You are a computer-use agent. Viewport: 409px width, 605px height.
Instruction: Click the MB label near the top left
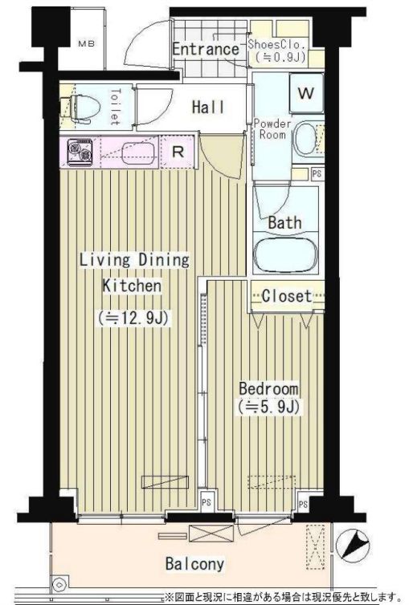click(x=86, y=43)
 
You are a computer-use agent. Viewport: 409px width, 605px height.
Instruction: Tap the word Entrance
click(x=206, y=50)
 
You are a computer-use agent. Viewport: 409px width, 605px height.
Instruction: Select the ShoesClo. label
click(x=276, y=44)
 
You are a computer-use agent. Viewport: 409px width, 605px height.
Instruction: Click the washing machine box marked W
click(x=306, y=93)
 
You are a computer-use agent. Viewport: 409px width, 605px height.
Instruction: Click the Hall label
click(x=208, y=108)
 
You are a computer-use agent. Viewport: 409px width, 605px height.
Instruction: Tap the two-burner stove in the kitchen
click(x=80, y=152)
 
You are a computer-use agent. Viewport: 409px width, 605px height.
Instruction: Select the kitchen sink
click(x=138, y=153)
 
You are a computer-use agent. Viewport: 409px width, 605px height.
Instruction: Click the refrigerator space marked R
click(x=178, y=152)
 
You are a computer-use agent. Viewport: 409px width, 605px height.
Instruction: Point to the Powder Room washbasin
click(x=305, y=138)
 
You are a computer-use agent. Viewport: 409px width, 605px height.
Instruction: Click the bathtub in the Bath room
click(x=285, y=255)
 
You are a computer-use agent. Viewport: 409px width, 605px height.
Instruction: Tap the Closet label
click(x=286, y=296)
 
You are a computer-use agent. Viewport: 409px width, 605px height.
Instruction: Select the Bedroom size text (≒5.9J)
click(x=269, y=407)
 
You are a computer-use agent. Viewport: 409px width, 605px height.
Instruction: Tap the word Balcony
click(x=195, y=564)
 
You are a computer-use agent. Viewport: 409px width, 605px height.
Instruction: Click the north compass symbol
click(x=353, y=546)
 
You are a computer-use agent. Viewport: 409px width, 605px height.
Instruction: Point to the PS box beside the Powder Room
click(x=317, y=174)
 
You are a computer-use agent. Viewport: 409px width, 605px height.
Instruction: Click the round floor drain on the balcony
click(x=59, y=585)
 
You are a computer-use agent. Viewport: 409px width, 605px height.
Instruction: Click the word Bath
click(x=284, y=223)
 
